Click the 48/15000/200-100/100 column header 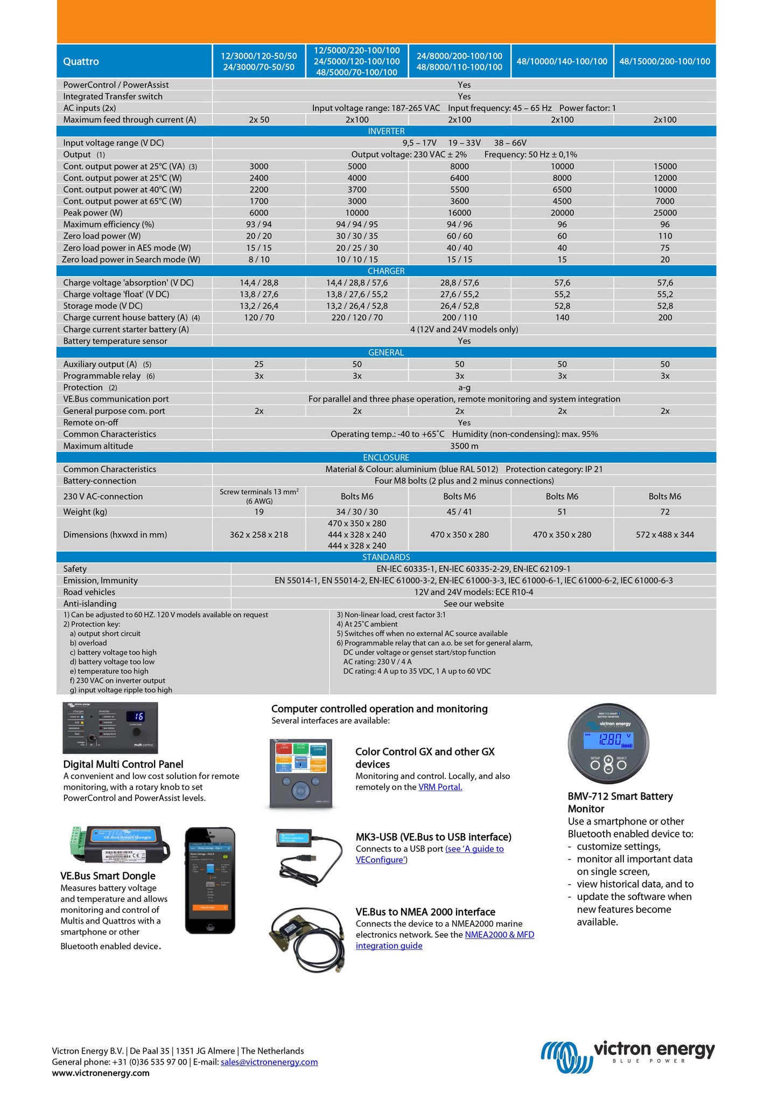click(x=664, y=61)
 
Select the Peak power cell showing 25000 click(x=664, y=213)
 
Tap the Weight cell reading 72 click(x=664, y=512)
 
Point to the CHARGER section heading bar click(x=386, y=271)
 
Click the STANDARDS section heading click(x=386, y=557)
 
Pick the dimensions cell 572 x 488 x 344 click(x=664, y=534)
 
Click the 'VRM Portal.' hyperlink click(x=440, y=787)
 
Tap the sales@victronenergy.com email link click(x=269, y=1062)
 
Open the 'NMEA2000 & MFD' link click(x=499, y=934)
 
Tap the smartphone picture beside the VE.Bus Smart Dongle click(x=210, y=880)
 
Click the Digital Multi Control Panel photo click(x=110, y=728)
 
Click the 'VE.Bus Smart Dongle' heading click(x=108, y=876)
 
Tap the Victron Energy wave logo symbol click(x=565, y=1056)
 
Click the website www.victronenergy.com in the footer click(x=101, y=1073)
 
